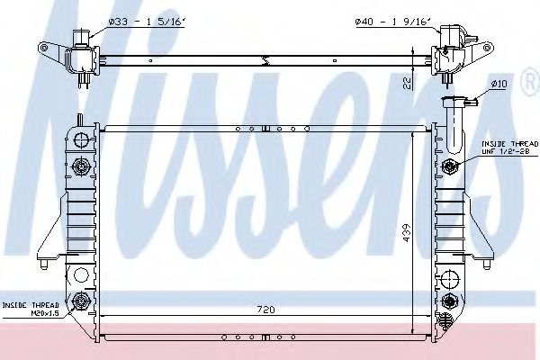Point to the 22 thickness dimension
point(407,84)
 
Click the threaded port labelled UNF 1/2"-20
point(450,166)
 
